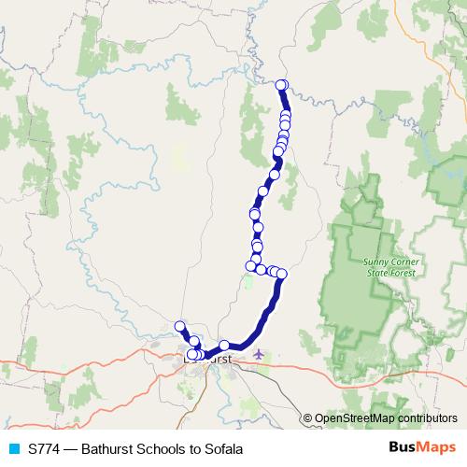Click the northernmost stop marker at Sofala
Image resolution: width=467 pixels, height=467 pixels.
(281, 86)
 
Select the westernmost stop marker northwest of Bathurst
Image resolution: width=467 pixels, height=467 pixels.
(180, 326)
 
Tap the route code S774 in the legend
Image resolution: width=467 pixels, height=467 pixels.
(45, 448)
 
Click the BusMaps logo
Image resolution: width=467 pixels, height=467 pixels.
(422, 447)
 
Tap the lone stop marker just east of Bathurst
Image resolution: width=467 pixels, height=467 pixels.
(224, 346)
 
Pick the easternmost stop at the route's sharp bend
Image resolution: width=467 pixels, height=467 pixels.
(281, 273)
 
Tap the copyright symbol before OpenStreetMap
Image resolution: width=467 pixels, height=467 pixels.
(307, 418)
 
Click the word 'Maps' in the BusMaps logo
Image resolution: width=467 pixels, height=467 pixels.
(437, 447)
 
